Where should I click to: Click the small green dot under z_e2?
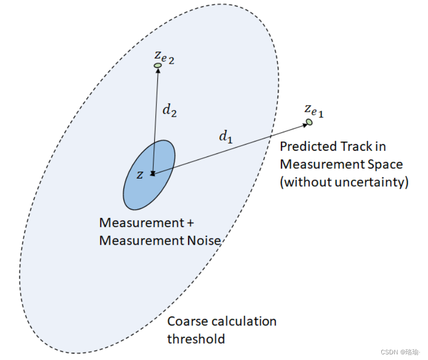158,65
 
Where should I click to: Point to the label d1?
226,136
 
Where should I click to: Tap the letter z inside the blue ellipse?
140,174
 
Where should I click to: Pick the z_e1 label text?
314,110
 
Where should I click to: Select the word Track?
356,147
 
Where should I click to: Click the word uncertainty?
372,183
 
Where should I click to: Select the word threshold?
196,339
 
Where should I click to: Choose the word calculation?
246,322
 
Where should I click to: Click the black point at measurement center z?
152,174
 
